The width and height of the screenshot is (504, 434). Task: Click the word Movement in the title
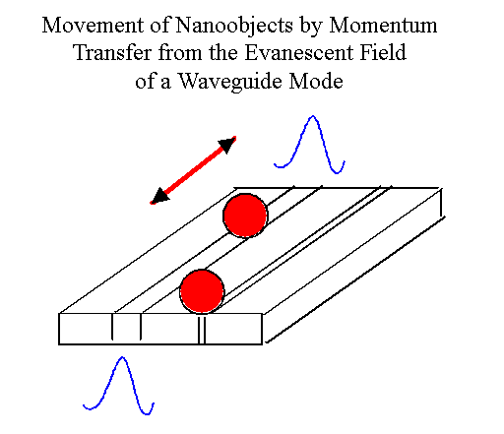click(x=93, y=26)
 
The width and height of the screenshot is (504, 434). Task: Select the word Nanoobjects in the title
click(x=234, y=27)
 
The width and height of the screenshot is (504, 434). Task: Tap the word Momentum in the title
click(x=383, y=26)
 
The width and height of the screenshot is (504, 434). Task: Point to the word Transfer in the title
click(x=112, y=52)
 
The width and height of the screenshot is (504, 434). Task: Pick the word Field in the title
click(x=383, y=52)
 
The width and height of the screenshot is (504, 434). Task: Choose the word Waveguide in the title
click(x=230, y=82)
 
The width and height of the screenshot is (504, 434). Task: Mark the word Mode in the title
click(x=316, y=81)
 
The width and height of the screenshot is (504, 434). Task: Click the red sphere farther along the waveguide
click(x=245, y=216)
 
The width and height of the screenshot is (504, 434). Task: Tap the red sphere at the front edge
click(x=202, y=291)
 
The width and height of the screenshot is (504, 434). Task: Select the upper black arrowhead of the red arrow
click(x=227, y=145)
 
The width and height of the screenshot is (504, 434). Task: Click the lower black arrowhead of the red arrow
click(x=159, y=195)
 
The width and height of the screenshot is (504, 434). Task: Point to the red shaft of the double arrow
click(x=194, y=170)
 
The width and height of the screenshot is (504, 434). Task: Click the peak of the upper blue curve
click(x=313, y=116)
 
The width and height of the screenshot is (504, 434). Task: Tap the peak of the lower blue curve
click(x=122, y=357)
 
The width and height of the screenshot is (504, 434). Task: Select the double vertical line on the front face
click(x=202, y=329)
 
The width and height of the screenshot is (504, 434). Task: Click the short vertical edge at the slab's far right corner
click(x=441, y=203)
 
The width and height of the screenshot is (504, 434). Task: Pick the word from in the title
click(x=180, y=52)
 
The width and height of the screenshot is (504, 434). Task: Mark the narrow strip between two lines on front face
click(x=127, y=327)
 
